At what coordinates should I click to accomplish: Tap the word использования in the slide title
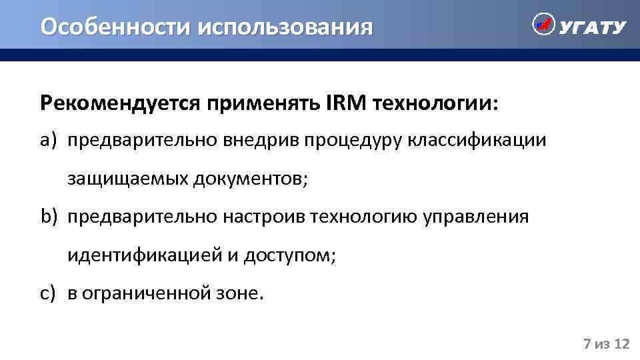(283, 27)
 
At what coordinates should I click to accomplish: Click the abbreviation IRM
(346, 103)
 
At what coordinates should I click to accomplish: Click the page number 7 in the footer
(587, 344)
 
